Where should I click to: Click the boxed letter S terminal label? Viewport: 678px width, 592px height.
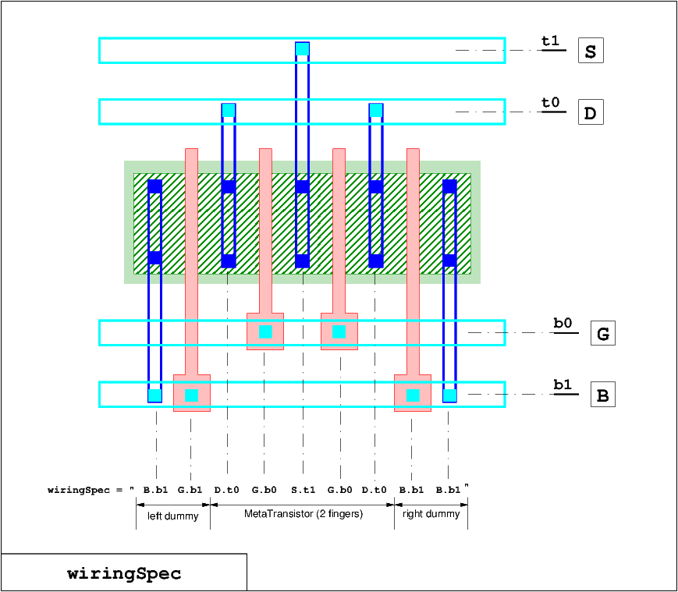click(591, 51)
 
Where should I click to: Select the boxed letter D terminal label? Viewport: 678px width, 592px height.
click(591, 112)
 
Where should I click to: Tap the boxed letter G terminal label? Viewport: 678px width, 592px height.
click(603, 333)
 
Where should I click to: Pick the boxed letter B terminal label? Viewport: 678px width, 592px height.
click(603, 395)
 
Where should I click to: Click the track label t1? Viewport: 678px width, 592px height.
click(551, 41)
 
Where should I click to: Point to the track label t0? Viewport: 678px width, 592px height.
click(551, 102)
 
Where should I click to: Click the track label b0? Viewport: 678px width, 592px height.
click(563, 323)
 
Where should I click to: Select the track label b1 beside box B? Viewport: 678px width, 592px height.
click(563, 385)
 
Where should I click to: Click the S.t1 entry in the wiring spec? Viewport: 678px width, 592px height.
click(304, 490)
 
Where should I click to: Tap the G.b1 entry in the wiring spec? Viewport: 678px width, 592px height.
click(190, 490)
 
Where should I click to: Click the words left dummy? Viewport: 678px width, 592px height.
click(173, 516)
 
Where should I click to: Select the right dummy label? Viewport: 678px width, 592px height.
click(431, 514)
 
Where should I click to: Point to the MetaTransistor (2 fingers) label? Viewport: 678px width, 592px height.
click(304, 514)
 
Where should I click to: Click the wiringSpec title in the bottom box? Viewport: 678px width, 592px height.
click(124, 574)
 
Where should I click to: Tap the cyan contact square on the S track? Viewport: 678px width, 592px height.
click(302, 49)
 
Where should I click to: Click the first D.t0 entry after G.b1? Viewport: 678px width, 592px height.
click(226, 490)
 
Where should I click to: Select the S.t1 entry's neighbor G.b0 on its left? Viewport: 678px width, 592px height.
click(264, 490)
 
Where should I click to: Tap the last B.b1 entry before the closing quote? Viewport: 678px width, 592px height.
click(448, 490)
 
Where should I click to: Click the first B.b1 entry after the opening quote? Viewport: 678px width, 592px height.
click(156, 490)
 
